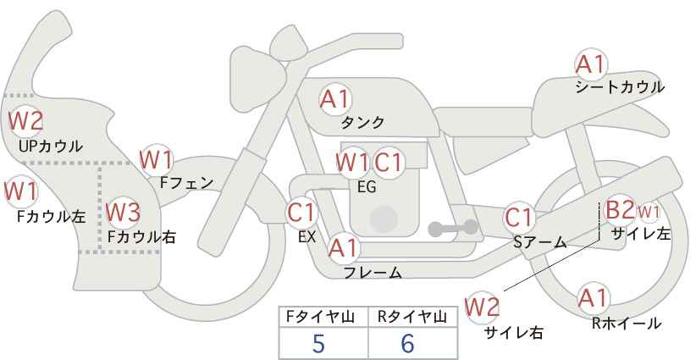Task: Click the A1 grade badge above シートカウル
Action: point(591,64)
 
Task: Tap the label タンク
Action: point(362,123)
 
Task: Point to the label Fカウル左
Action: point(51,216)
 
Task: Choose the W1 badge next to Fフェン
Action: point(157,158)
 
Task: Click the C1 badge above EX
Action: point(301,212)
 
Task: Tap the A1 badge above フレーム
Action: point(344,248)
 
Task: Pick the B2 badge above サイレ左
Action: point(619,209)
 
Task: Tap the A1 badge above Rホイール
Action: point(592,298)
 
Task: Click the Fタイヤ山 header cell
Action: point(323,317)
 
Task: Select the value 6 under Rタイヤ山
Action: point(408,343)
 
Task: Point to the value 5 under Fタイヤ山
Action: point(319,343)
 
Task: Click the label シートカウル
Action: point(619,87)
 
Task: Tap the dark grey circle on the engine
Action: point(384,219)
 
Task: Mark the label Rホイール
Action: point(627,323)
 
